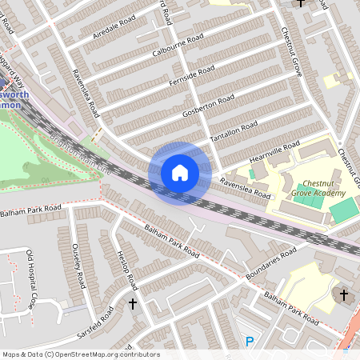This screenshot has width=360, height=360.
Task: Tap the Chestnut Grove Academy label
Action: pyautogui.click(x=318, y=189)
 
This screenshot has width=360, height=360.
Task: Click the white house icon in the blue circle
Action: pyautogui.click(x=180, y=173)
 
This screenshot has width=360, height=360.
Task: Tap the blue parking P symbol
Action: pyautogui.click(x=250, y=342)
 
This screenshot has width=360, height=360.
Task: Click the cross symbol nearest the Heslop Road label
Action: pyautogui.click(x=133, y=304)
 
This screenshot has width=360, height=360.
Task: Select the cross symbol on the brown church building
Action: pyautogui.click(x=344, y=295)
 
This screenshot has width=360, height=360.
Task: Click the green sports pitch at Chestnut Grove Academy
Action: pyautogui.click(x=344, y=211)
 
